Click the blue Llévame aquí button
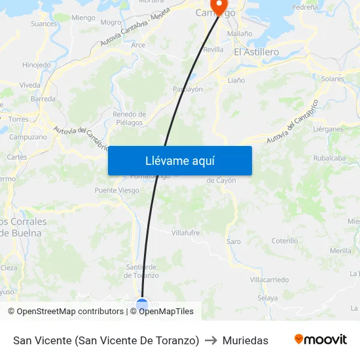point(179,160)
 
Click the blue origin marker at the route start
point(142,304)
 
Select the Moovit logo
point(320,340)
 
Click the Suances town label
point(44,24)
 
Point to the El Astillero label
point(257,52)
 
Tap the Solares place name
point(333,79)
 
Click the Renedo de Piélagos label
point(129,118)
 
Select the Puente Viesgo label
point(117,190)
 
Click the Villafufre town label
point(185,232)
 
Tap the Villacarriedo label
point(269,279)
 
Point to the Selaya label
point(267,298)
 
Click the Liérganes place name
point(328,129)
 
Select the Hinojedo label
point(36,65)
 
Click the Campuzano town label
point(27,137)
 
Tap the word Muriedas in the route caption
point(245,340)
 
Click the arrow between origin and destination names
point(211,340)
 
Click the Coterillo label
point(285,241)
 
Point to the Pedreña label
point(306,7)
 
